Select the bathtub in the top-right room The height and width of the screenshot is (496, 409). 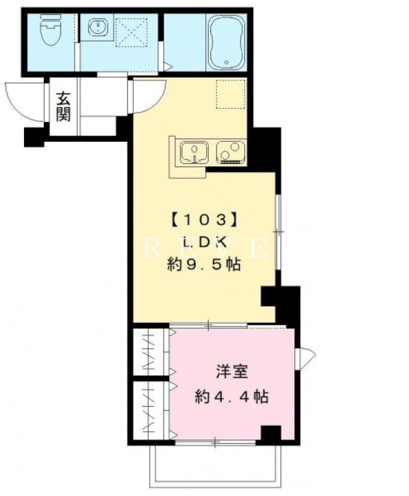[226, 43]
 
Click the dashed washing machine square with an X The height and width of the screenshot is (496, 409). [131, 32]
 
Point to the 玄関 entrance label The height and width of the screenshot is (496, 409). [63, 106]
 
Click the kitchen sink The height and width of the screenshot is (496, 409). [194, 153]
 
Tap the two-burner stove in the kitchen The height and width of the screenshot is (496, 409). [230, 153]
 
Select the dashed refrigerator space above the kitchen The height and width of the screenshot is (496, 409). [231, 94]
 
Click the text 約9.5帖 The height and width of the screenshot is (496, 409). [204, 264]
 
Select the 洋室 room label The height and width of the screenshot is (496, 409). [232, 372]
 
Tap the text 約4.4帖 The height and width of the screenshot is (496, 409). [232, 396]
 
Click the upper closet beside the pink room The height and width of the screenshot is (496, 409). [151, 352]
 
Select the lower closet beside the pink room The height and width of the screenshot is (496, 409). [151, 410]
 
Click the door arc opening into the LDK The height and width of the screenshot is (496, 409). [155, 101]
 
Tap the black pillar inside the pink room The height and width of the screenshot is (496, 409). [271, 433]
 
